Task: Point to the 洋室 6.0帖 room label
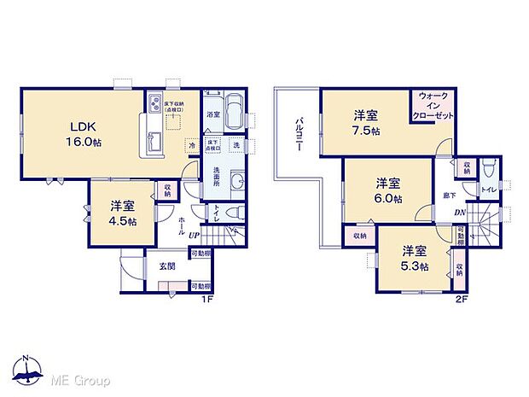(x=388, y=190)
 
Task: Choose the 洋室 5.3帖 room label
(x=416, y=259)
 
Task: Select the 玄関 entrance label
(x=167, y=267)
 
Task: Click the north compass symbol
(x=26, y=369)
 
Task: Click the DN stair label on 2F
(x=459, y=213)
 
